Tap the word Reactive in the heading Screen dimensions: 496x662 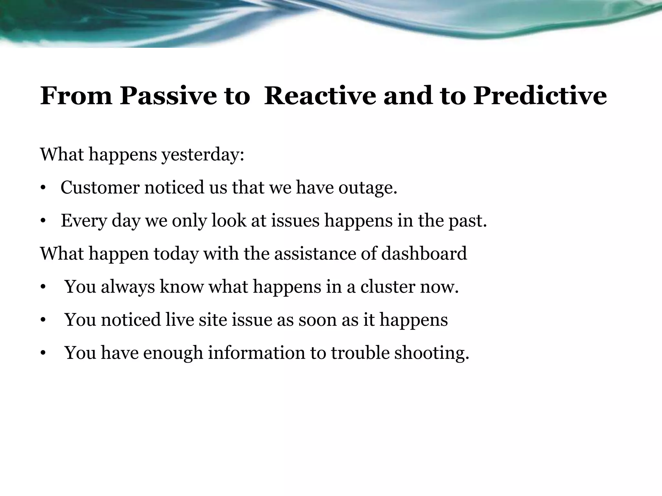(320, 96)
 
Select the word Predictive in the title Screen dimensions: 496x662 (540, 96)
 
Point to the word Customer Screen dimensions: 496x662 (100, 187)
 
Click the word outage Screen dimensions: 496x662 (368, 188)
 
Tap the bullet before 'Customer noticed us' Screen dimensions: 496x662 (42, 188)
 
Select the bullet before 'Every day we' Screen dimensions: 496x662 (42, 222)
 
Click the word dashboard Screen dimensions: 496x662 (424, 253)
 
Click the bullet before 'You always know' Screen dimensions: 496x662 (42, 287)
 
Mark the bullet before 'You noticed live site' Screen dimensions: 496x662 (42, 320)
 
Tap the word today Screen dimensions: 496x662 (176, 254)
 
